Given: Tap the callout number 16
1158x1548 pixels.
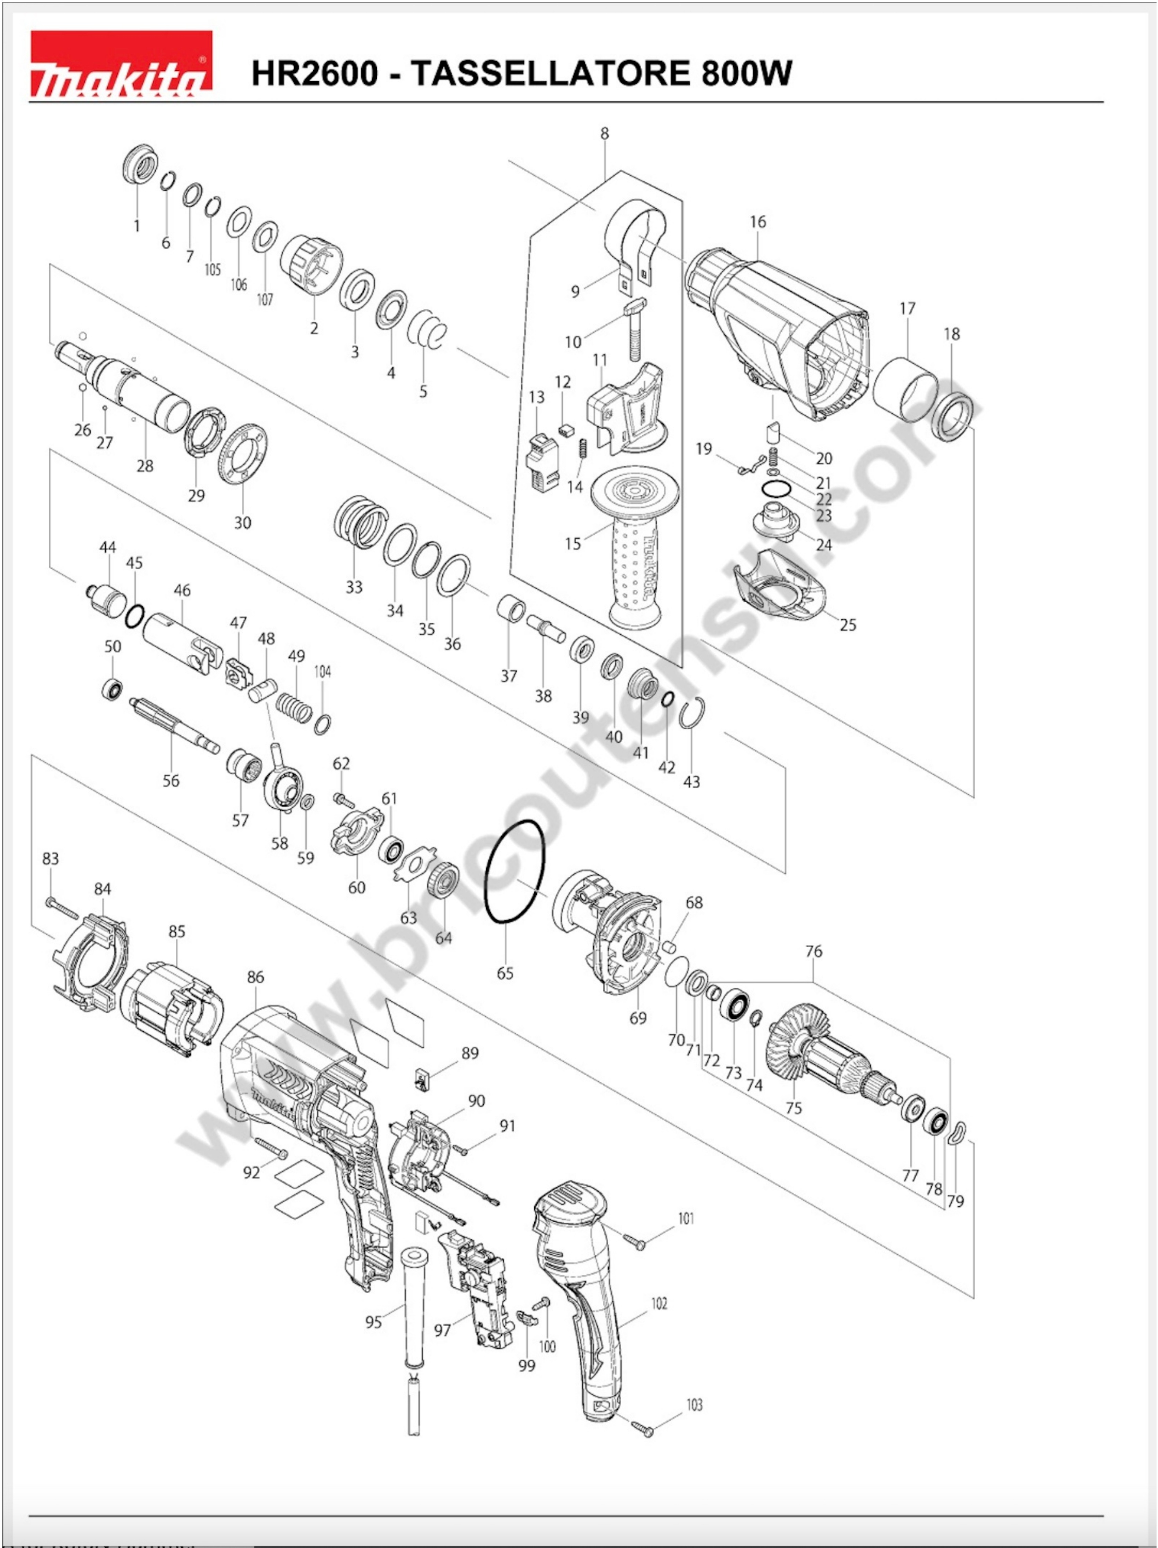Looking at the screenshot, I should [758, 222].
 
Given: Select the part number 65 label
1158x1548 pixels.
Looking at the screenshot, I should [505, 973].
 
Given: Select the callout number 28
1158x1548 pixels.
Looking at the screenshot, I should [145, 465].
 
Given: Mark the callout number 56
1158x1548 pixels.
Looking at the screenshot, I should [171, 780].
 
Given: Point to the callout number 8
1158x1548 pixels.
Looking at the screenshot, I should [605, 133].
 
